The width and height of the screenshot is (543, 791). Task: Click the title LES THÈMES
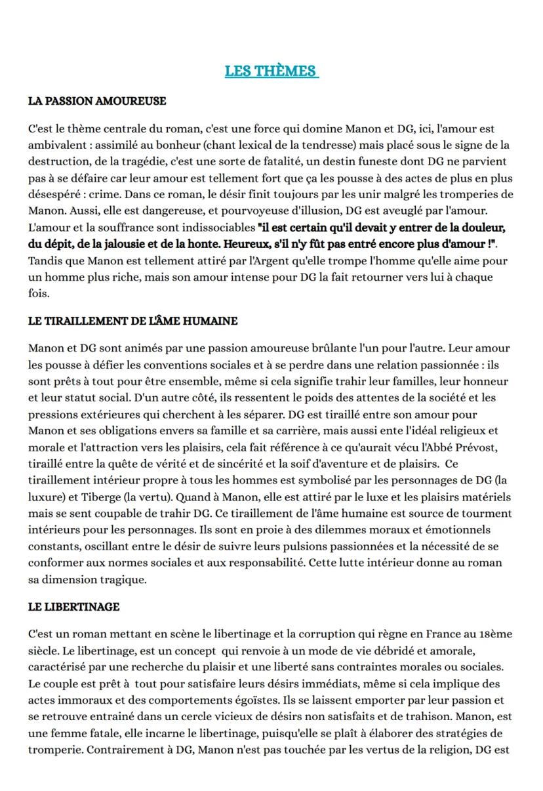pyautogui.click(x=271, y=71)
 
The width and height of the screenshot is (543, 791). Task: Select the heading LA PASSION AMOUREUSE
pyautogui.click(x=97, y=101)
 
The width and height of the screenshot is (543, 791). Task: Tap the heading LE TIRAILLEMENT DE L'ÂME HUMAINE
pyautogui.click(x=132, y=321)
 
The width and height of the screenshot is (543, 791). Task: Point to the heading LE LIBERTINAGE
pyautogui.click(x=73, y=607)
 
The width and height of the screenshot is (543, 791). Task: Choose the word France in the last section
pyautogui.click(x=443, y=634)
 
